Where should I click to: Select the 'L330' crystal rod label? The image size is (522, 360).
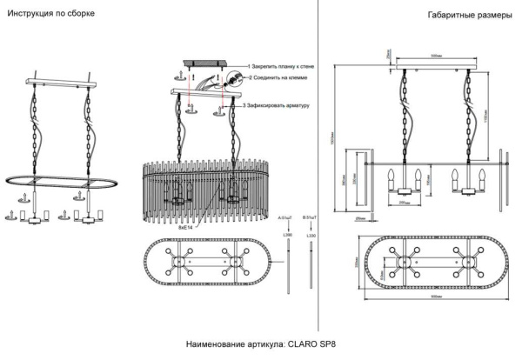pos(311,234)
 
